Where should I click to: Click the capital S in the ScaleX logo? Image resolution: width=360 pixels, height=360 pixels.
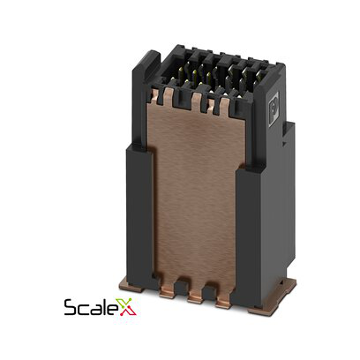point(71,307)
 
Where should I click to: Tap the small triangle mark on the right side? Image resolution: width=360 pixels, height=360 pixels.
point(283,144)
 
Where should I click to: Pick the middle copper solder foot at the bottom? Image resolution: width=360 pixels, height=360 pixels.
point(195,296)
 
